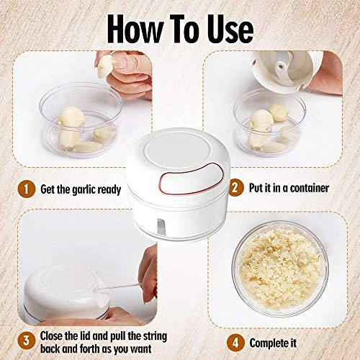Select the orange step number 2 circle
pos(235,189)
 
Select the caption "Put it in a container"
pos(289,189)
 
